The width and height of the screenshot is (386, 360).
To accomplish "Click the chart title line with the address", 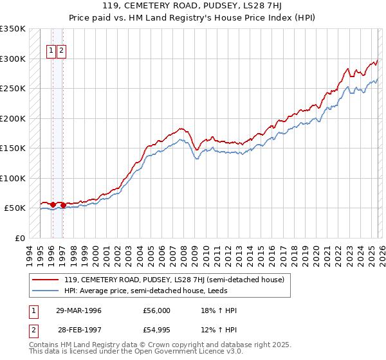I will tap(193, 6).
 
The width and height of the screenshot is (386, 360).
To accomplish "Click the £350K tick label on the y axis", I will tap(13, 29).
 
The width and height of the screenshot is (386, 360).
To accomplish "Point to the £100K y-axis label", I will tap(13, 178).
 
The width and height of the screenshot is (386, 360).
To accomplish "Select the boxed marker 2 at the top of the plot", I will tap(61, 51).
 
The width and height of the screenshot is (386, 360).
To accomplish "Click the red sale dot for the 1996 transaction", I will tap(53, 204).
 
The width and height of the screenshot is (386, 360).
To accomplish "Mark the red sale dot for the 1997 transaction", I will tap(62, 205).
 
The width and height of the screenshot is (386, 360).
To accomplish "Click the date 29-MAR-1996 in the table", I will tap(78, 310).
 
